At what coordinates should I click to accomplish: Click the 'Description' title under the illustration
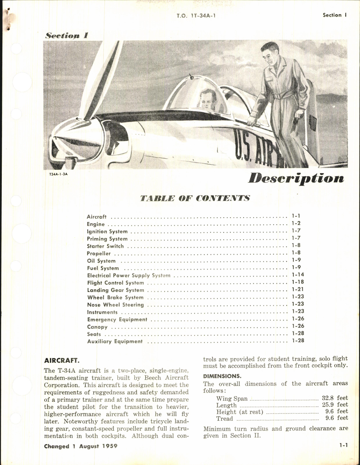coord(296,179)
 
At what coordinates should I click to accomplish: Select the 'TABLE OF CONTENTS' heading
coord(195,199)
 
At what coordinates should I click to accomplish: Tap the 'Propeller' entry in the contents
coord(99,254)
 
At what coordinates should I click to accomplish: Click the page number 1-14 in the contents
coord(298,275)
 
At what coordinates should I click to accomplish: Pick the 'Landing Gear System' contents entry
coord(116,290)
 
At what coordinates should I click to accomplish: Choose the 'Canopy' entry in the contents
coord(97,327)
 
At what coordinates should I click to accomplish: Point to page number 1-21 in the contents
coord(298,289)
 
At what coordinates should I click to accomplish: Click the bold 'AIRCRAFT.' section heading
coord(62,361)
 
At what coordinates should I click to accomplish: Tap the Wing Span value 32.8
coord(327,398)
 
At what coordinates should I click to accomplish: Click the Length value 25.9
coord(327,405)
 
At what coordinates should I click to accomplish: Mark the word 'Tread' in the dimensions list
coord(224,419)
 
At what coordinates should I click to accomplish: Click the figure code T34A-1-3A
coord(58,174)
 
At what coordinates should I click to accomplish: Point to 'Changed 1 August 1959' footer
coord(81,446)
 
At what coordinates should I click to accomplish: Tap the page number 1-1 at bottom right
coord(343,445)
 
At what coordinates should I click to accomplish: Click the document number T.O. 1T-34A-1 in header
coord(196,15)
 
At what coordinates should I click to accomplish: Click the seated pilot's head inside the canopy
coord(207,100)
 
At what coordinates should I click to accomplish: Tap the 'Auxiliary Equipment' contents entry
coord(115,342)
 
